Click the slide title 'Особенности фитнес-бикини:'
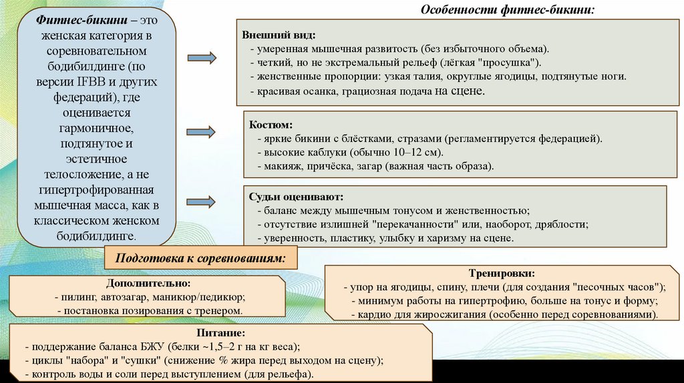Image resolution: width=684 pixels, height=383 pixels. coord(507,10)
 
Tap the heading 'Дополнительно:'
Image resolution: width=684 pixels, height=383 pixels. coord(148,283)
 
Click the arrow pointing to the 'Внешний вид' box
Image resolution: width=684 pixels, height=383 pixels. coord(202,58)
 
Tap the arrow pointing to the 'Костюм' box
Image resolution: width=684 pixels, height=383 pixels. coord(202,131)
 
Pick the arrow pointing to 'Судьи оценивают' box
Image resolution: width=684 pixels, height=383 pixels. coord(202,200)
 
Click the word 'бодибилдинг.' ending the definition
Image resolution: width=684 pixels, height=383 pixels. coord(97,235)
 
